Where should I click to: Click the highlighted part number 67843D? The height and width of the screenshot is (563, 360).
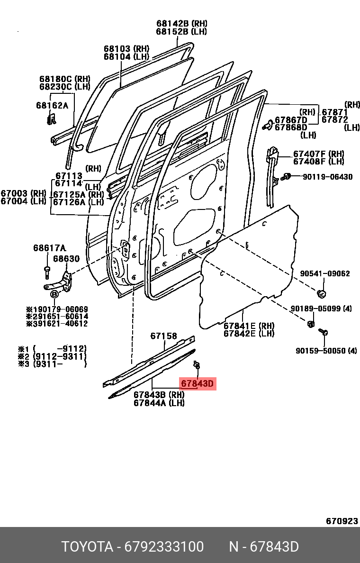coord(197,383)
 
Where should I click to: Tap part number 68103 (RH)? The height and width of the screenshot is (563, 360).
coord(126,49)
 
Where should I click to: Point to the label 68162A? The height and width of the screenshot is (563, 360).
coord(52,105)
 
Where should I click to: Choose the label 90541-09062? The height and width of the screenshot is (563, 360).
coord(324,273)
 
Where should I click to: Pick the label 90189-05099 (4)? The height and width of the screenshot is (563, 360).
coord(321,309)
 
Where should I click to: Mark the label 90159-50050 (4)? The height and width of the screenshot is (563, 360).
coord(326,351)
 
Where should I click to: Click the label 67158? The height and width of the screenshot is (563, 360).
coord(163,336)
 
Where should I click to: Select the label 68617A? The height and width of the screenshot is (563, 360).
coord(49,248)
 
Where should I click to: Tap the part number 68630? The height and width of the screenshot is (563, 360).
coord(66,259)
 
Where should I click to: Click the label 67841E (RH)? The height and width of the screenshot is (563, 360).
coord(249,326)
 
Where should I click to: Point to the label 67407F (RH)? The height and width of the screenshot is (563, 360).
coord(318,154)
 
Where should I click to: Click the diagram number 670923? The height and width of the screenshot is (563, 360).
coord(342,521)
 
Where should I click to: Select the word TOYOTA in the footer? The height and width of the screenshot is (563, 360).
coord(87,546)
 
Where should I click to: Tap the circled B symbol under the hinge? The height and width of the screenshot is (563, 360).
coord(54,295)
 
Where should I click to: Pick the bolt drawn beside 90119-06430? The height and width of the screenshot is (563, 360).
coord(287,177)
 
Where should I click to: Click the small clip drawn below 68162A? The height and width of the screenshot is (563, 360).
coord(51,119)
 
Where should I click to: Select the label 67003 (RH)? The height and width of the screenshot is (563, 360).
coord(23,193)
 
